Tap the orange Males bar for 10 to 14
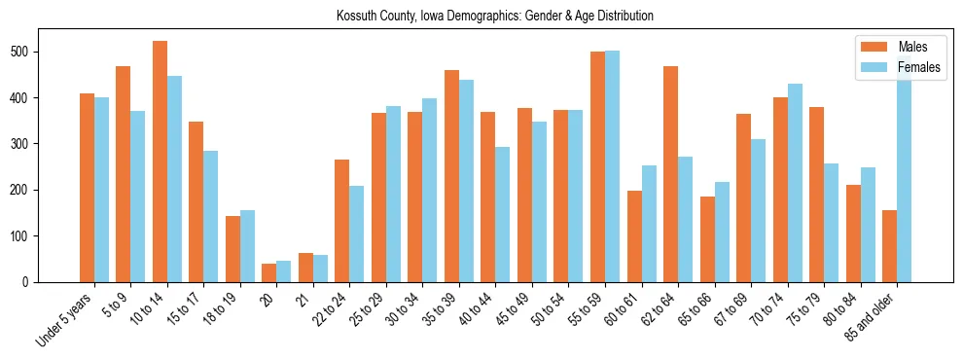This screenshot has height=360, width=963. click(x=160, y=162)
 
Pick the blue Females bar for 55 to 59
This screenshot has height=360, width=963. click(x=612, y=166)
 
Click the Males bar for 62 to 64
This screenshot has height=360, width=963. click(x=670, y=174)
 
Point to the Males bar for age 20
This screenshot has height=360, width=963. click(x=269, y=273)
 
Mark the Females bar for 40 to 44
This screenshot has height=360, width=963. click(x=503, y=215)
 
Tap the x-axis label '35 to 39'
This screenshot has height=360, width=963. click(x=441, y=308)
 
